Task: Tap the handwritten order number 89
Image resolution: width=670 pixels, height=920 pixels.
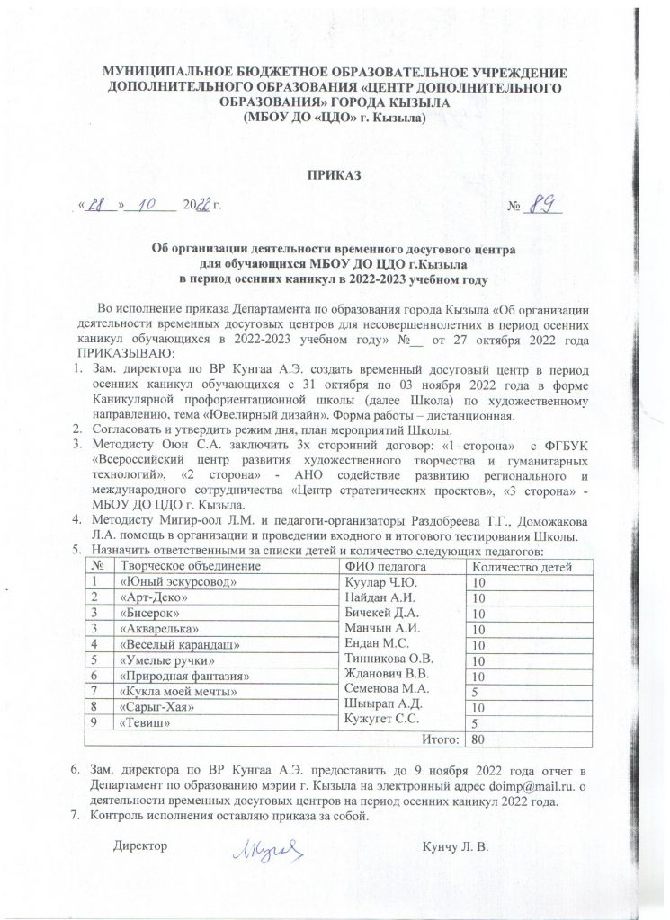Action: click(542, 206)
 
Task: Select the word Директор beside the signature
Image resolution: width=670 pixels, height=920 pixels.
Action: click(141, 846)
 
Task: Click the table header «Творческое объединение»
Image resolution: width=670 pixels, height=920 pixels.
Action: click(195, 565)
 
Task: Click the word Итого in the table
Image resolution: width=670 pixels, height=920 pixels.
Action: click(437, 739)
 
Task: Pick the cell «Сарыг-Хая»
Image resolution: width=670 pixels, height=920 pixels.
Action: click(158, 707)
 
